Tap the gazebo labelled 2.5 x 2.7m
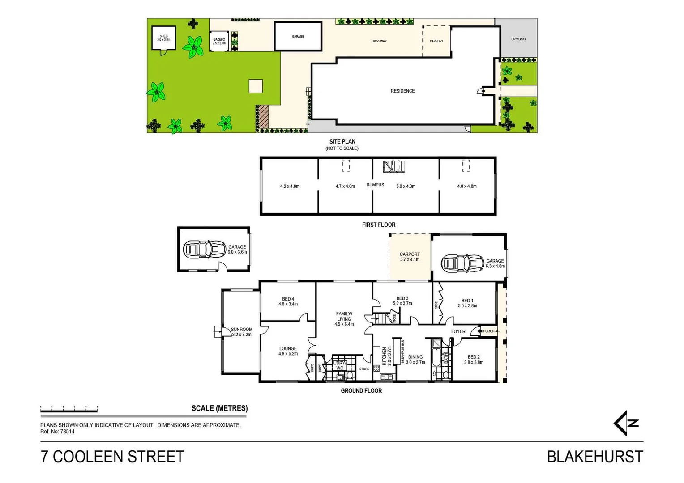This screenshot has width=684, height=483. [219, 41]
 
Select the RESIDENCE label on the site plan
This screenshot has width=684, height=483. [402, 91]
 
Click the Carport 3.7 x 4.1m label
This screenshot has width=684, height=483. [410, 257]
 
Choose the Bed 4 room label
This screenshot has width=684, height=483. [288, 301]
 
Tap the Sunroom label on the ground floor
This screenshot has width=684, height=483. [241, 332]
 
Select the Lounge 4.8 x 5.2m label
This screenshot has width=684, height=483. [288, 351]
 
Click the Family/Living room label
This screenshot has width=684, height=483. [344, 319]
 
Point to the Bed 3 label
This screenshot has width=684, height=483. [402, 301]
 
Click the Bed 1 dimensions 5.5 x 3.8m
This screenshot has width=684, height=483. [467, 306]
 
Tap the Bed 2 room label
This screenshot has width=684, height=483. [473, 360]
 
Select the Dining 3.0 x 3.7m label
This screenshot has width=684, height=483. [415, 360]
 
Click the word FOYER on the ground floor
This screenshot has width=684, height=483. [458, 331]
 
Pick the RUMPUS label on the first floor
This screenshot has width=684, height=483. [375, 185]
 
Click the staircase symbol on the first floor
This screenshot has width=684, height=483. [394, 166]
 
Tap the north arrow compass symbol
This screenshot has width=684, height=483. [626, 423]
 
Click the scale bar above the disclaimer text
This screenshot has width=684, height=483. [69, 408]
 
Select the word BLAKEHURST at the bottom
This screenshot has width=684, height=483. [595, 457]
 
